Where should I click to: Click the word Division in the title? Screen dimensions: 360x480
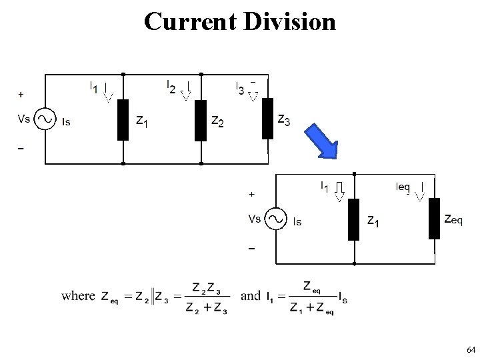coord(290,21)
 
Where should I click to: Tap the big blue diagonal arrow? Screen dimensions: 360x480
coord(322,141)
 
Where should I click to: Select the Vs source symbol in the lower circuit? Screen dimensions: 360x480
coord(275,219)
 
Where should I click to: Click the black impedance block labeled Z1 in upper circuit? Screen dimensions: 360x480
coord(123,120)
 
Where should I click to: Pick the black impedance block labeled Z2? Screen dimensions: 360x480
coord(200,120)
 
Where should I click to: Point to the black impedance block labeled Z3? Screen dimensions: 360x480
coord(267,118)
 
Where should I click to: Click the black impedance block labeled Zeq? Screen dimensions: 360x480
coord(434,218)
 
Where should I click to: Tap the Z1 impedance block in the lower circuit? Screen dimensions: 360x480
coord(353,219)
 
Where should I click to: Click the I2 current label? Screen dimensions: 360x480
coord(171,87)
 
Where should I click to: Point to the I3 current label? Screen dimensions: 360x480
coord(240,87)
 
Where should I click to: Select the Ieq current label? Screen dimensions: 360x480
coord(403,187)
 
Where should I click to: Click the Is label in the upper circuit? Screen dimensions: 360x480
coord(65,122)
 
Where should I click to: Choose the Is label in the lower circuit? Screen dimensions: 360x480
coord(297,222)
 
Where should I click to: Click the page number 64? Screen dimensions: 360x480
coord(471,350)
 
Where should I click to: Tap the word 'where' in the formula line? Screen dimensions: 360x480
coord(78,295)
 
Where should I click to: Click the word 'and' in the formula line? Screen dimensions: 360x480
coord(250,295)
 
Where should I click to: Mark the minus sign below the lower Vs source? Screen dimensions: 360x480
coord(251,249)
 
